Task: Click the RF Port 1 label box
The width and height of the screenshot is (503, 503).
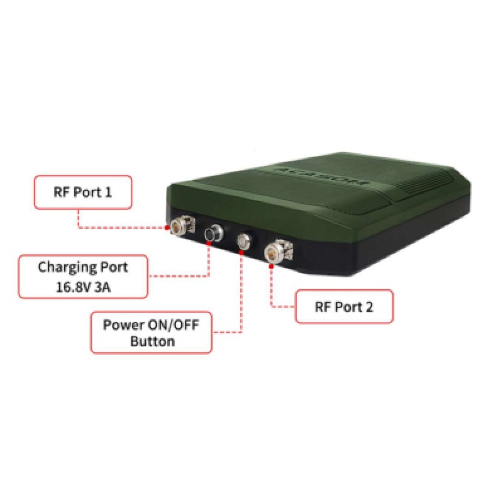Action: [x=82, y=192]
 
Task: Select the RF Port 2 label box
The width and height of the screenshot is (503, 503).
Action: [x=343, y=307]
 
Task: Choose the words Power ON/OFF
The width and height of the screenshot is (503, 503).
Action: [x=152, y=326]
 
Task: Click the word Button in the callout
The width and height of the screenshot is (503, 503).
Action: [x=152, y=341]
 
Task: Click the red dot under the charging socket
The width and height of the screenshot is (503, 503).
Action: [x=209, y=247]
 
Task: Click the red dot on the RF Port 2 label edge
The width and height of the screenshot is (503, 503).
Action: [x=296, y=306]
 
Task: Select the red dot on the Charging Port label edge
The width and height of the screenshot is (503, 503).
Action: [x=148, y=276]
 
